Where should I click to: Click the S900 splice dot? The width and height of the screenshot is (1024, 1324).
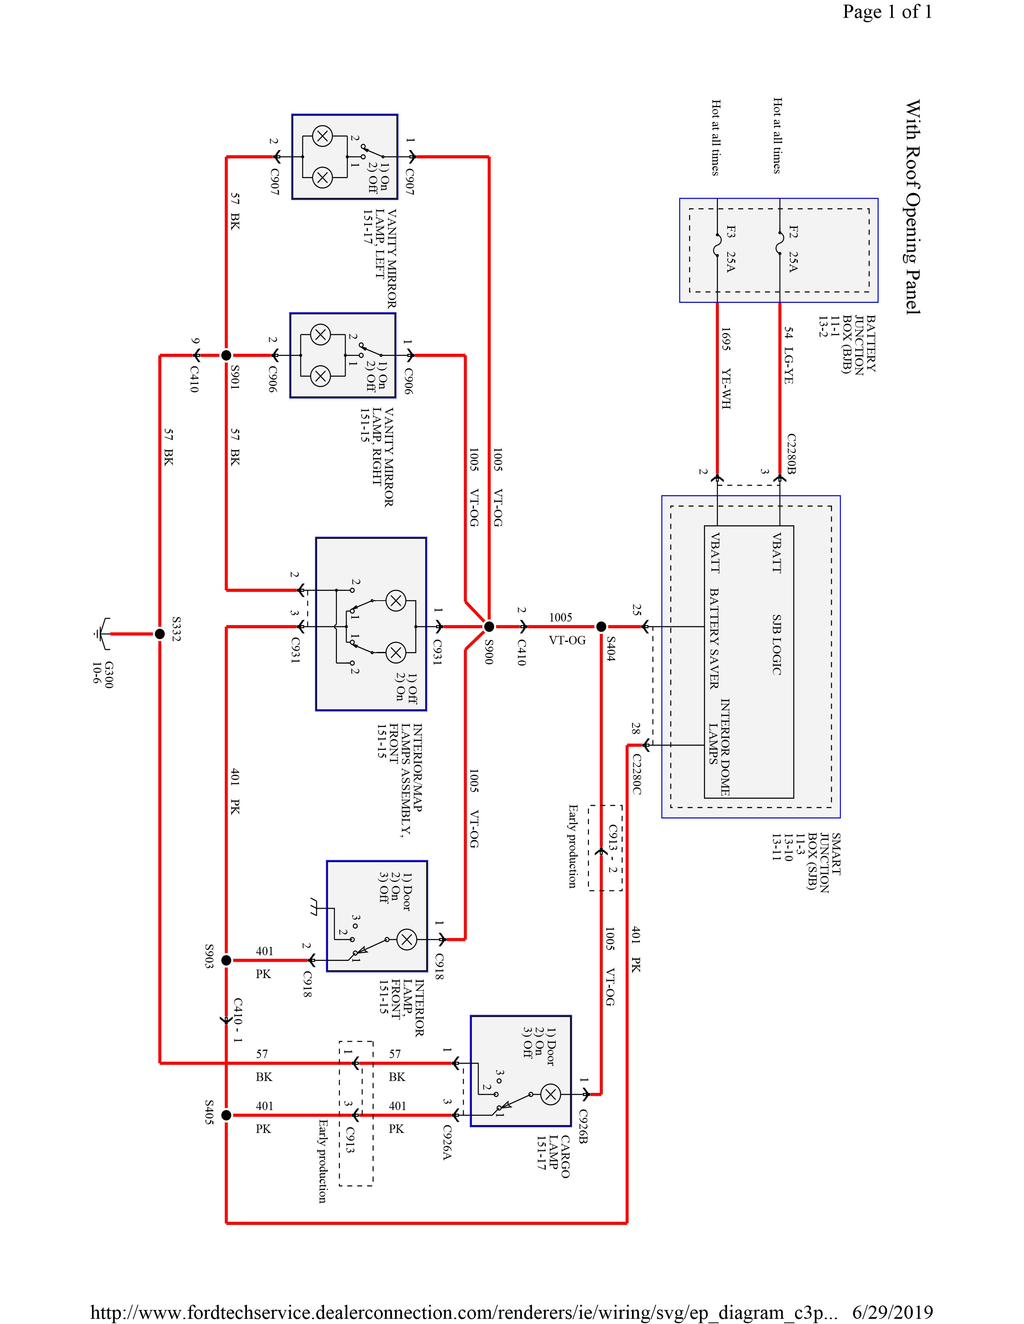(489, 626)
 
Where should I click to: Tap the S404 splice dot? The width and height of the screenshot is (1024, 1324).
(601, 626)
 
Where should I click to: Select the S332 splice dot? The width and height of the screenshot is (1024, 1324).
(159, 634)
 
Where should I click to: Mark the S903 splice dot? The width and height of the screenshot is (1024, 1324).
(226, 960)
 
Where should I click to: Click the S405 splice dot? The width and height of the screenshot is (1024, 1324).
(226, 1115)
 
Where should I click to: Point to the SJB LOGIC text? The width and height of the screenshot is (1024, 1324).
(777, 644)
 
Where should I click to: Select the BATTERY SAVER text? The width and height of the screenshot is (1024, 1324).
(715, 638)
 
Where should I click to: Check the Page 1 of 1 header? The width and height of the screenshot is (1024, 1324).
(887, 12)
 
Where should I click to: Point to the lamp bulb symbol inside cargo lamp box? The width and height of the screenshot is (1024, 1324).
(550, 1094)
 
